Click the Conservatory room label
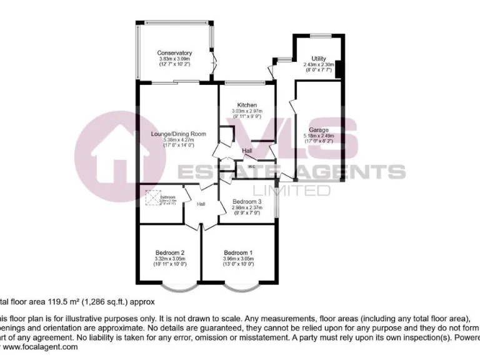[x=174, y=53]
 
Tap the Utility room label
[x=319, y=59]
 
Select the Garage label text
[x=319, y=130]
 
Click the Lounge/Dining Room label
[x=178, y=134]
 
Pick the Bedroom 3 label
[x=247, y=201]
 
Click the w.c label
[x=251, y=167]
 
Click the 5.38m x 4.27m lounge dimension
[x=178, y=141]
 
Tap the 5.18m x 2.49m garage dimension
[x=319, y=136]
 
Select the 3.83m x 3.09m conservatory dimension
[x=174, y=59]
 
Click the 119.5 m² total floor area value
[x=44, y=301]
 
